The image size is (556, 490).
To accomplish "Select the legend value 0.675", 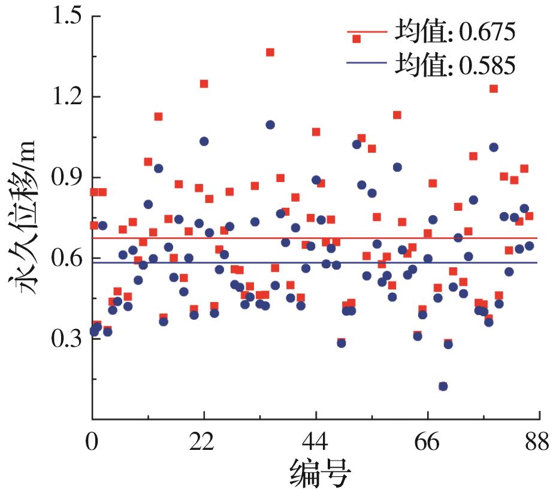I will point(486,32).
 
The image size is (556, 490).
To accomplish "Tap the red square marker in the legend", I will point(357,39).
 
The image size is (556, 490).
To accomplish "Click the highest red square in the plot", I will point(270,52).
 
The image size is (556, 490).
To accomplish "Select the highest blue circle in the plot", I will point(270,125).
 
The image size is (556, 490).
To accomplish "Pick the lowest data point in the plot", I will point(443,386).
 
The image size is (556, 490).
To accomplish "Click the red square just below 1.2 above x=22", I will point(204,84).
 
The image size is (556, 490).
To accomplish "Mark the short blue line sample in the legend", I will point(367,63).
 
